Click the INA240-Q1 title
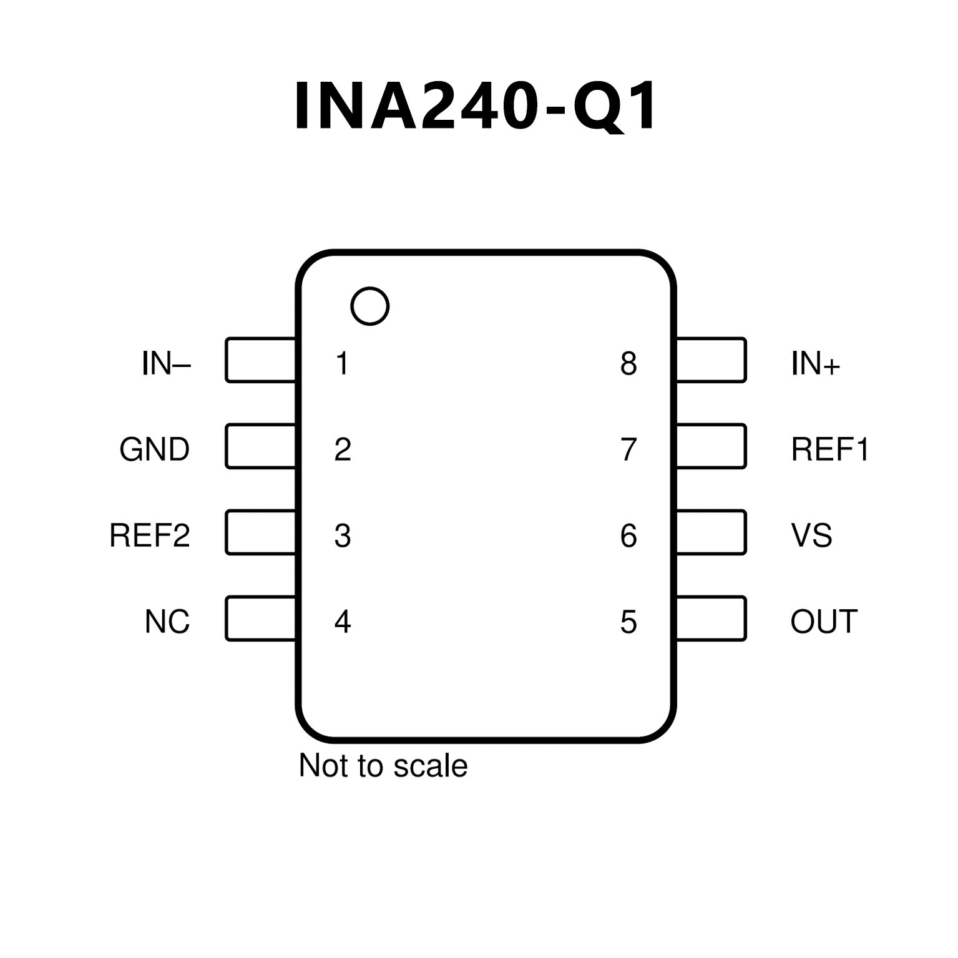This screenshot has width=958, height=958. coord(476,106)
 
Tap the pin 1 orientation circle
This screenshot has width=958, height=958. coord(370,306)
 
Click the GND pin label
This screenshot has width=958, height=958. coord(154,449)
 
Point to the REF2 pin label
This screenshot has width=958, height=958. coord(149,535)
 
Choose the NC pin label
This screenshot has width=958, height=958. coord(167,622)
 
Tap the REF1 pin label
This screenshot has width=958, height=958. coord(829,449)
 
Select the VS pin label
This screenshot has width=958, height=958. coord(811,535)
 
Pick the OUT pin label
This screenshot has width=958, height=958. coord(824,622)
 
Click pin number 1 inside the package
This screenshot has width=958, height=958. coord(342,363)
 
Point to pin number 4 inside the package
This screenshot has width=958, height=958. coord(343,622)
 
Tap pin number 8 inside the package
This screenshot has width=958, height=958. coord(628,363)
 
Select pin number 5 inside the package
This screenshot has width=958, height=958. coord(628,622)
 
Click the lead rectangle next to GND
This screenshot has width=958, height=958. coord(260,446)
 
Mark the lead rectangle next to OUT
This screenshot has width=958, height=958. coord(711,618)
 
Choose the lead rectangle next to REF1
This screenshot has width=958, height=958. coord(711,446)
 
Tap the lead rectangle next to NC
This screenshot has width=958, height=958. coord(260,618)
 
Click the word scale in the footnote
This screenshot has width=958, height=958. coord(431,766)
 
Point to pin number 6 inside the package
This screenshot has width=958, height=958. coord(628,535)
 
